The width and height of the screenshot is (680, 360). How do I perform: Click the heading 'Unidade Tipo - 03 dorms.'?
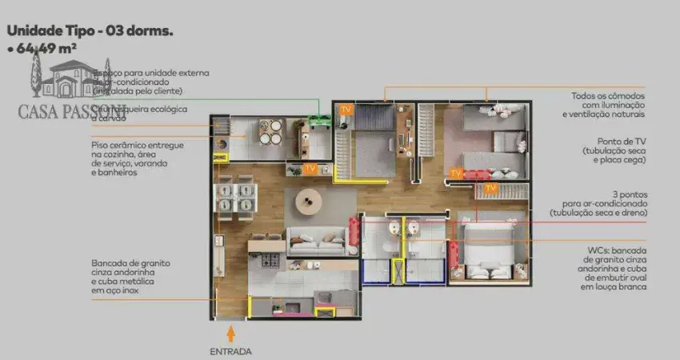[x=90, y=31]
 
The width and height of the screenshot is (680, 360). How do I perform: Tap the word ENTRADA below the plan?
[x=230, y=351]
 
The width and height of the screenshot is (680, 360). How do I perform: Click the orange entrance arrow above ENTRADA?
[x=231, y=330]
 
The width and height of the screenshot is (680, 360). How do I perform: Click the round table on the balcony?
[x=270, y=131]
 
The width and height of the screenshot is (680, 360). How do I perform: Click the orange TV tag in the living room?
[x=310, y=169]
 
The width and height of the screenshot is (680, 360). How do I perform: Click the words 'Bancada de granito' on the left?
[x=130, y=263]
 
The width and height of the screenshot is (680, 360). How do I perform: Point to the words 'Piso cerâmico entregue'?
[x=137, y=145]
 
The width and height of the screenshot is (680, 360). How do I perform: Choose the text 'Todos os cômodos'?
[x=609, y=96]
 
